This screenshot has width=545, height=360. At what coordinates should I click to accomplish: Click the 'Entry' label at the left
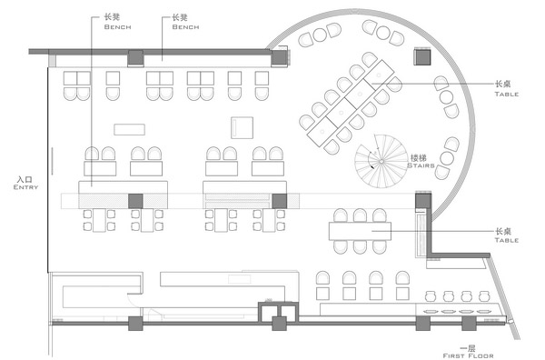tap(25, 187)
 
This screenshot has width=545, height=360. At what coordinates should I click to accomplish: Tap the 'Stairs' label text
tap(421, 165)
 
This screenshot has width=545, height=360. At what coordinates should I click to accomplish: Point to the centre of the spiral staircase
tap(381, 162)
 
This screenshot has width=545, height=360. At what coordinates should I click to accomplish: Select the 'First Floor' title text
tap(468, 355)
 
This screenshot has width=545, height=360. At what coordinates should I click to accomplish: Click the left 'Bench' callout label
tap(117, 26)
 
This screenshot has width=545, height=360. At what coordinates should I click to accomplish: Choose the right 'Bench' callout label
tap(185, 26)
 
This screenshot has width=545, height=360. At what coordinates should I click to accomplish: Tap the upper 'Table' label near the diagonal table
tap(507, 94)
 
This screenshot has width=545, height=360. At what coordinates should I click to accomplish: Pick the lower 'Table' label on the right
tap(507, 240)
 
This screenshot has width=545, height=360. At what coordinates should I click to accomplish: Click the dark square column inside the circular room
tap(422, 56)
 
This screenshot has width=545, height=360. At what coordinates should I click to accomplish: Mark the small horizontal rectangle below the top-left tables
tap(129, 129)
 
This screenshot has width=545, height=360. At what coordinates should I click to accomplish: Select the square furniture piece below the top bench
tap(242, 127)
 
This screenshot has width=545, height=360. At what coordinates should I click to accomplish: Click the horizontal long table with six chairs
tap(360, 231)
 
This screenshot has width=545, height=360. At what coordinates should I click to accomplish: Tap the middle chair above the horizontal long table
tap(360, 215)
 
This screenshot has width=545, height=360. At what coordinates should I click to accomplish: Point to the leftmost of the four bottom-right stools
tap(431, 296)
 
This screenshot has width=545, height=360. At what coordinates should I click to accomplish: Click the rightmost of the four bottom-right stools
tap(484, 296)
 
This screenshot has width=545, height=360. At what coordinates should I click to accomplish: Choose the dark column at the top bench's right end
tap(279, 58)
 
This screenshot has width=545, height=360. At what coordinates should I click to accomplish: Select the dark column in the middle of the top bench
tap(135, 58)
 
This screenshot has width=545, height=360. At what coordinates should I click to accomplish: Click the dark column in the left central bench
tap(135, 202)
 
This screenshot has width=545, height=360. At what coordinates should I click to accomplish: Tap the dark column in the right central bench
tap(280, 202)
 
